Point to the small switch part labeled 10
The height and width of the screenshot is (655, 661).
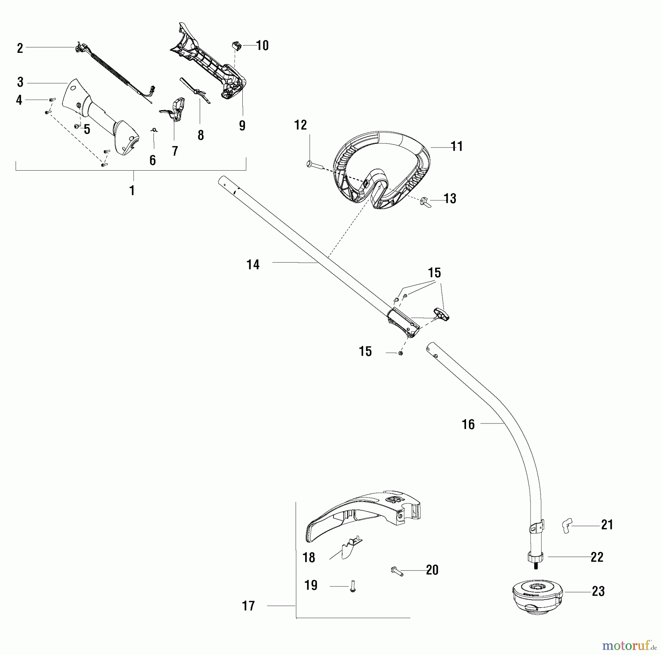[237, 47]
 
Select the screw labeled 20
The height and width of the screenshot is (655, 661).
[397, 571]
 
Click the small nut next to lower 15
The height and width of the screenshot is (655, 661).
[401, 353]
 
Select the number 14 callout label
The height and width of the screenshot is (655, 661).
[253, 265]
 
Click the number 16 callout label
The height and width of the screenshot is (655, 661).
[468, 425]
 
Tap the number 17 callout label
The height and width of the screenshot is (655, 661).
[248, 606]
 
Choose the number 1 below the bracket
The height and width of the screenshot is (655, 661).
[132, 190]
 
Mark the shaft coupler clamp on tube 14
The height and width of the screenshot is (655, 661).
[403, 323]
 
